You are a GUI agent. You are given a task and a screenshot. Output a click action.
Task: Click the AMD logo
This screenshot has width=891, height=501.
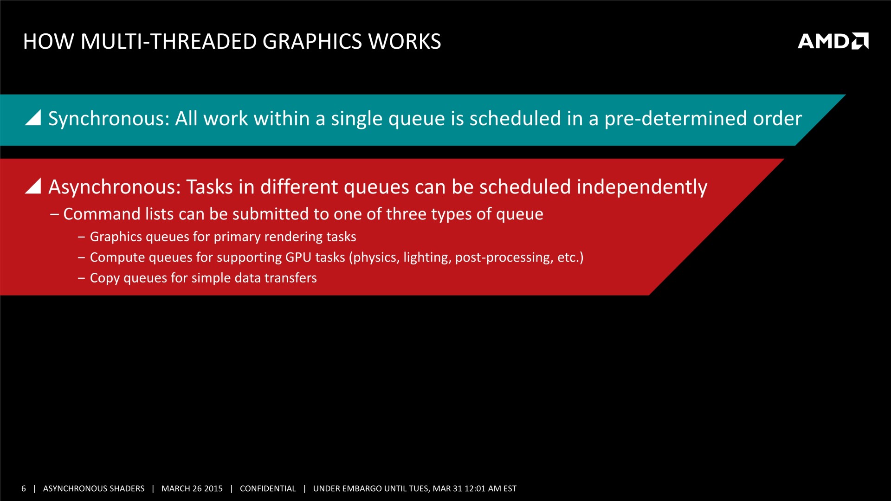coord(833,41)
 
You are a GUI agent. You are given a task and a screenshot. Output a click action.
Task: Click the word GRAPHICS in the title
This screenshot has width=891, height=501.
coord(312,41)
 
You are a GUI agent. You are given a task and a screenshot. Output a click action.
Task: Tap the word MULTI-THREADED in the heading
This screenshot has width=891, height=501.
coord(168,41)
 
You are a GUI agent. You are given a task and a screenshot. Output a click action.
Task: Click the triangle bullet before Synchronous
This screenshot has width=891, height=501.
coord(33,117)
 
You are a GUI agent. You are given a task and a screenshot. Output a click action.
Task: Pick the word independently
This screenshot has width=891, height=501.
coord(642,187)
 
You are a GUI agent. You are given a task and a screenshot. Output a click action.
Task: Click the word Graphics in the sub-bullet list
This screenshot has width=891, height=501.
coord(116,237)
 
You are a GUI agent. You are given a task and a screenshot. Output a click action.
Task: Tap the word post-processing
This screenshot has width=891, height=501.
coord(504,258)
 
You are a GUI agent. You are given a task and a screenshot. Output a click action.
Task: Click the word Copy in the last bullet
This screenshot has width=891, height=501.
coord(105,278)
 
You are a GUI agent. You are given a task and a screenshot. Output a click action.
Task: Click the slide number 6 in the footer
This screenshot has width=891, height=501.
coord(24,488)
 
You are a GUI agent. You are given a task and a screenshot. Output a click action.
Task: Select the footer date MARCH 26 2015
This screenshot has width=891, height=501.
coord(192,488)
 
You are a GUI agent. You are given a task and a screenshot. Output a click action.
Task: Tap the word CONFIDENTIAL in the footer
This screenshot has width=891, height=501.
coord(268,488)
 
